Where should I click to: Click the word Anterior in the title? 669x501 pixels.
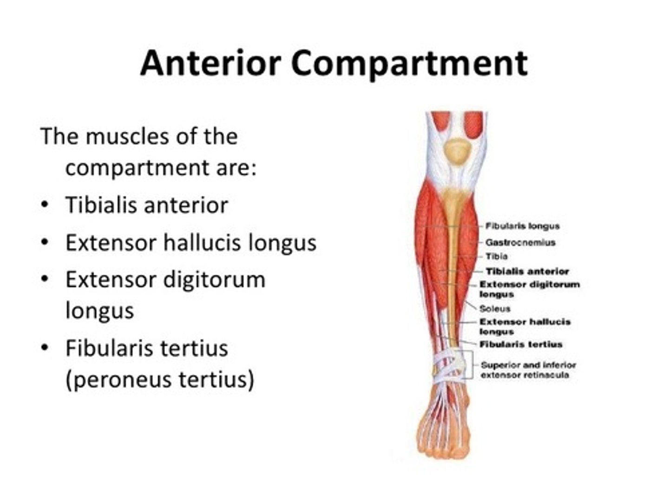[x=210, y=63]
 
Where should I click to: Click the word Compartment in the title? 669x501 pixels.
[x=409, y=63]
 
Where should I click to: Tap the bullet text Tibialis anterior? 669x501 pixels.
[x=146, y=205]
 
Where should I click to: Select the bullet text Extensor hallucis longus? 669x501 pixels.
[x=190, y=242]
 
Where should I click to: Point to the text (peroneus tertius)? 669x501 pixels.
[x=160, y=379]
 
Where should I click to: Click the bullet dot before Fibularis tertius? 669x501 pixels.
[x=44, y=348]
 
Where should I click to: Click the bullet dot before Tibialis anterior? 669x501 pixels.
[x=44, y=205]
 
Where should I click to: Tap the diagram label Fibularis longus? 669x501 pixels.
[x=522, y=226]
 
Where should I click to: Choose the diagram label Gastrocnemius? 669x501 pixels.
[x=520, y=242]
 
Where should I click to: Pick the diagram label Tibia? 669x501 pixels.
[x=496, y=256]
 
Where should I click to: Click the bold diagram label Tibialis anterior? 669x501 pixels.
[x=527, y=271]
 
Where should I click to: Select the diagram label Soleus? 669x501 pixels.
[x=495, y=308]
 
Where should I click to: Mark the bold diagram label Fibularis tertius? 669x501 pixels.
[x=520, y=344]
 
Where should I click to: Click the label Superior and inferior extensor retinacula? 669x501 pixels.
[x=528, y=370]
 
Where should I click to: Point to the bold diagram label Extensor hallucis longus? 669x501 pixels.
[x=525, y=326]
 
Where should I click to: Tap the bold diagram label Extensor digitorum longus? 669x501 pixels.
[x=529, y=289]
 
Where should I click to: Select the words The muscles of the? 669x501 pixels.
[x=139, y=136]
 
